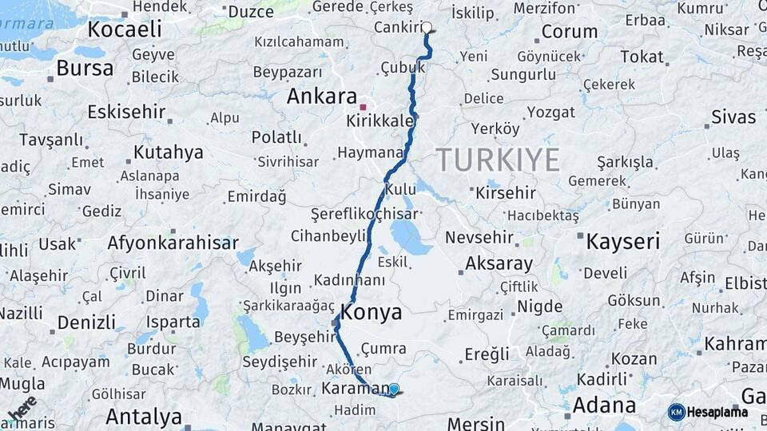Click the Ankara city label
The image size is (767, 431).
321,97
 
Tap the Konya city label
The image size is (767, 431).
372,312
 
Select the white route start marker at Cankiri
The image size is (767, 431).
427,27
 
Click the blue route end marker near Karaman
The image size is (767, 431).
393,389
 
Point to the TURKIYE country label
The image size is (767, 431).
498,160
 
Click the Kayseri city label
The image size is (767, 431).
623,242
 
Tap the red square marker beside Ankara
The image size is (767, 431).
363,106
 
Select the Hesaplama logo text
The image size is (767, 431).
717,413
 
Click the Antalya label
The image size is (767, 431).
144,417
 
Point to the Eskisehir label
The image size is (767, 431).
125,112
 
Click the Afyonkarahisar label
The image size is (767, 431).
173,243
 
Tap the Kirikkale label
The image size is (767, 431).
380,121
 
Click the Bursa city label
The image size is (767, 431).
85,69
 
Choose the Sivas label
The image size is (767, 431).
733,117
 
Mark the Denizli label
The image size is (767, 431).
87,323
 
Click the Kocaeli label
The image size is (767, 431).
125,30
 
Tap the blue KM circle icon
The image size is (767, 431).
676,413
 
